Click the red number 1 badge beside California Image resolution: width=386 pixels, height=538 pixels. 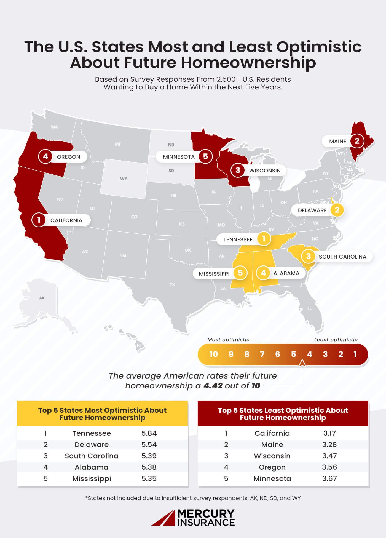(39, 220)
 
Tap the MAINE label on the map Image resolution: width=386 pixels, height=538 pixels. (337, 141)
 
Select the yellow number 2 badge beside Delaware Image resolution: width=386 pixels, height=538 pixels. (337, 210)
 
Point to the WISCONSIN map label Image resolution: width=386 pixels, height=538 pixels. (265, 171)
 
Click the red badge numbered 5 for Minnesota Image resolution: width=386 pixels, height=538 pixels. (205, 156)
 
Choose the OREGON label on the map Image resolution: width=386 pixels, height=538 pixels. (68, 157)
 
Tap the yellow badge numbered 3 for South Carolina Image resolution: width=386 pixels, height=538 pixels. (308, 256)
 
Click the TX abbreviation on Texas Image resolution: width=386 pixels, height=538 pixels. (172, 284)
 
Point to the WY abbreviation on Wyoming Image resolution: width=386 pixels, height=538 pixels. (124, 179)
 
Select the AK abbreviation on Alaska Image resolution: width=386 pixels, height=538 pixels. (42, 298)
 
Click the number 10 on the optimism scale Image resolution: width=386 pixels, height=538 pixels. (213, 354)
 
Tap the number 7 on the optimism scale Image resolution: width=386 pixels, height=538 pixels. (262, 354)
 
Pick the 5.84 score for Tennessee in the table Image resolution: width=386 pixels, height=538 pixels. (149, 433)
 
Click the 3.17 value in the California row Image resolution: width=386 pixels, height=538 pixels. (329, 433)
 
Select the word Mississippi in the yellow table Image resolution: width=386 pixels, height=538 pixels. (92, 478)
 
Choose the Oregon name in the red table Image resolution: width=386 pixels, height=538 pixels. (272, 467)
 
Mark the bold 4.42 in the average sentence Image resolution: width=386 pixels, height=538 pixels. (213, 386)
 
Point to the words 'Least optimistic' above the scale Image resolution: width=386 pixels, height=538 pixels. (336, 340)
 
